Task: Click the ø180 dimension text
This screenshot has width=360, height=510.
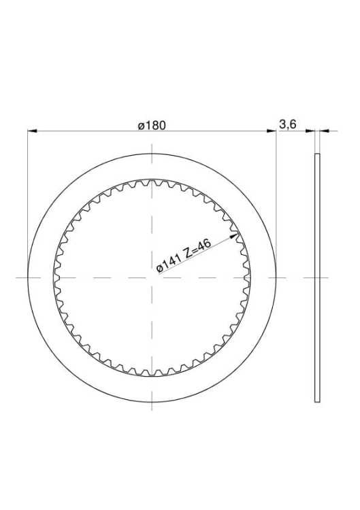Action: pos(152,126)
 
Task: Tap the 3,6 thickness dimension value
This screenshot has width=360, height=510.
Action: pos(288,124)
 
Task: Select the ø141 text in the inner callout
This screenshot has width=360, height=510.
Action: pos(168,263)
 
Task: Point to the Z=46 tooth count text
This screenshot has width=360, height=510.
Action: pos(197,248)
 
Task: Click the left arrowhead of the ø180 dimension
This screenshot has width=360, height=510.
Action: pos(31,131)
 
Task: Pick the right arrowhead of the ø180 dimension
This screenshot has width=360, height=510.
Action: pos(272,131)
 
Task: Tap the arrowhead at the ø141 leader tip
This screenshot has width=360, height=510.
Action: pos(235,235)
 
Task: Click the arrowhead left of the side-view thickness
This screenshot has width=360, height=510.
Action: pos(310,131)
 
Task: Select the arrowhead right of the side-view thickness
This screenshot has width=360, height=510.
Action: pos(324,131)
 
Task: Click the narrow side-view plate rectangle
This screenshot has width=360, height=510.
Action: pos(317,277)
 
